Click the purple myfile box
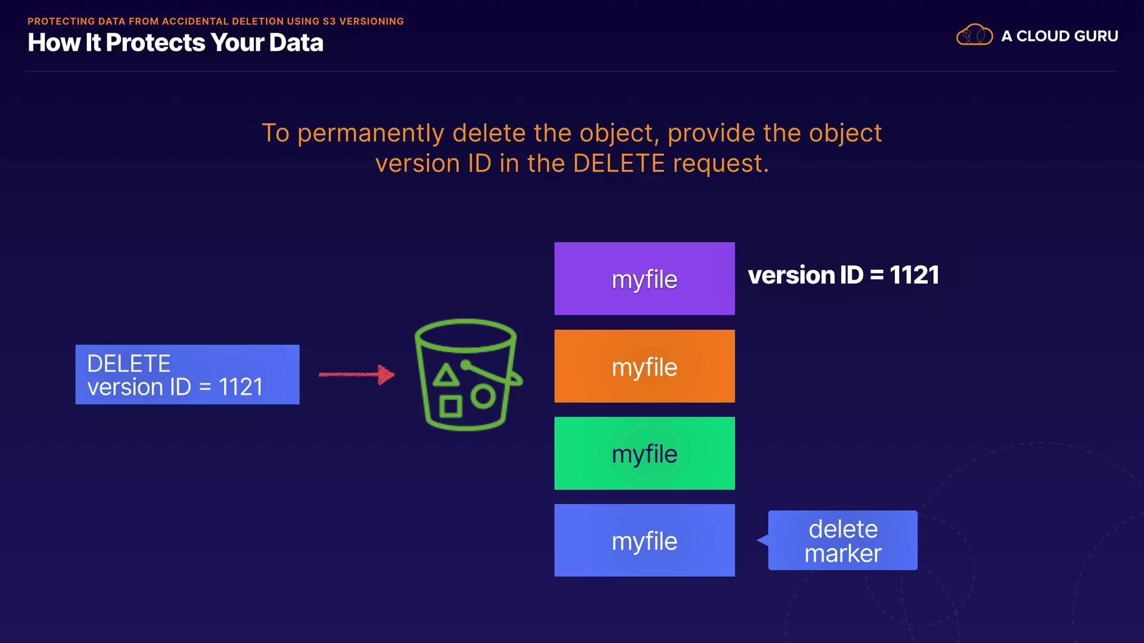coord(644,279)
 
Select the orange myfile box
coord(644,366)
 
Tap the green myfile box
coord(644,453)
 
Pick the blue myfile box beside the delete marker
coord(644,540)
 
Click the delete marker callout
coord(843,541)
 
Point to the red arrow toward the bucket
coord(356,374)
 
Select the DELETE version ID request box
coord(187,374)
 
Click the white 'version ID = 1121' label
coord(843,275)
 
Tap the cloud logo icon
coord(974,35)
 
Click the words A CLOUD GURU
coord(1059,36)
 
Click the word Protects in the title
coord(156,43)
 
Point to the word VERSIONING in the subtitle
coord(371,21)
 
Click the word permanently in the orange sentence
coord(371,134)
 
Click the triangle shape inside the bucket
coord(446,376)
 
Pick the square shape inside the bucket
coord(450,407)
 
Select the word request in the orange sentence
coord(720,164)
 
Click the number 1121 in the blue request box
coord(241,388)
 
